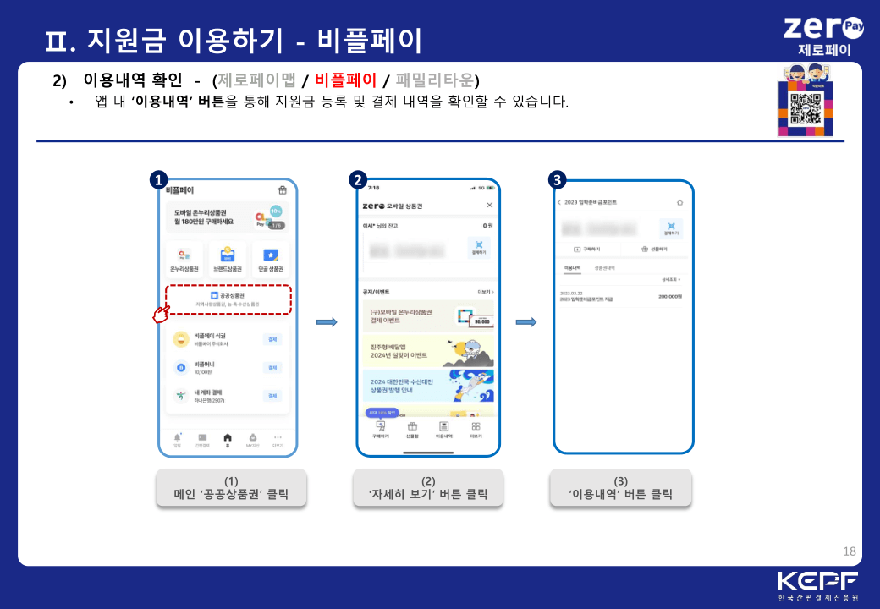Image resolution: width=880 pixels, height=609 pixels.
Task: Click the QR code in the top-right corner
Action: point(806,109)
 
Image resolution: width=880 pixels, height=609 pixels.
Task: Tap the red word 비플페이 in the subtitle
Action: point(345,80)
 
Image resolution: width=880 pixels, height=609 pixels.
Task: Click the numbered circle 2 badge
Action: point(358,179)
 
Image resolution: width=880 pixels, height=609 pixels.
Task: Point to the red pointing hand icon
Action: point(160,315)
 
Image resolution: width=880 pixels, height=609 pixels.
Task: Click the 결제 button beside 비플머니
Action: point(272,367)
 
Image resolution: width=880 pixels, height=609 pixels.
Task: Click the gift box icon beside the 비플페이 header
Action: point(283,190)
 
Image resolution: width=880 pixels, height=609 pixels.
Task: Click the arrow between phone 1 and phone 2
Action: point(327,321)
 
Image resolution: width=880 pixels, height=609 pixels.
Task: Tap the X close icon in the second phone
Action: point(489,206)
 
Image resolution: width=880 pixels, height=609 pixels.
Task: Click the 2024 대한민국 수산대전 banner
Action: point(428,386)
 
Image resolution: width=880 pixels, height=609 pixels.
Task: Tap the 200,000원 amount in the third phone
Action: point(670,296)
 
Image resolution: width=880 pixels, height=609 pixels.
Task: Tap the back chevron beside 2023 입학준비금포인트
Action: point(559,203)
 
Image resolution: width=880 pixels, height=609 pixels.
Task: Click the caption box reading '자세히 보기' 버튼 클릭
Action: point(427,488)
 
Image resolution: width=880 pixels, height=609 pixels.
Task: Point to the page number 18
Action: point(850,551)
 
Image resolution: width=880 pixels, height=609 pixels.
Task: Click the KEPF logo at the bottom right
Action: point(817,584)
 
